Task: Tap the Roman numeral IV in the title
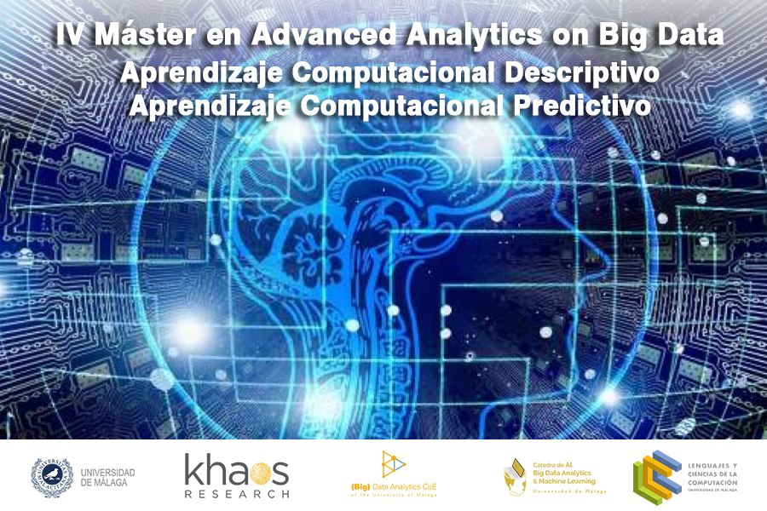(x=70, y=36)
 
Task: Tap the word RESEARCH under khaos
(x=237, y=493)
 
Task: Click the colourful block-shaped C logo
(x=655, y=475)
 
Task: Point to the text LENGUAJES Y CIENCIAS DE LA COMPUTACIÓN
(x=712, y=474)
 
